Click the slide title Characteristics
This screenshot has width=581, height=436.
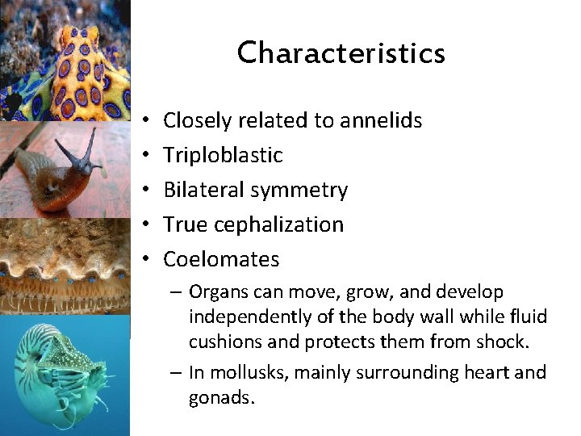[x=341, y=53]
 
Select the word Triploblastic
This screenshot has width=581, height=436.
[x=223, y=155]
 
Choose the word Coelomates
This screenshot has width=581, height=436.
[x=221, y=259]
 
